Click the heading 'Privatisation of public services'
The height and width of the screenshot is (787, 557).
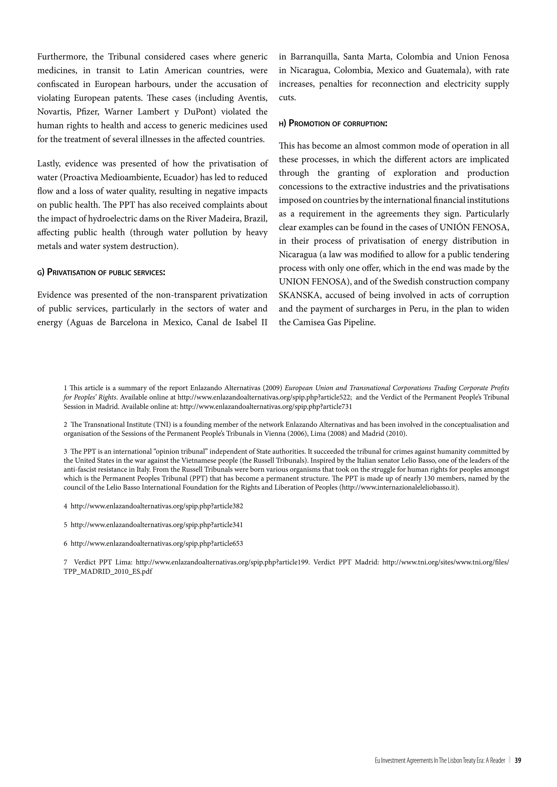[x=101, y=273]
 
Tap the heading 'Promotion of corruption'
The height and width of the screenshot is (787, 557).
[x=333, y=123]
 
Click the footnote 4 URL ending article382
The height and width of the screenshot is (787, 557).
[x=157, y=506]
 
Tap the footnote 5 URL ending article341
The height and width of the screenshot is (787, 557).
[x=157, y=525]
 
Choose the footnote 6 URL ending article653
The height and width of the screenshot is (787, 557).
[x=157, y=543]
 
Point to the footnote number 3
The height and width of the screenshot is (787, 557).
[x=66, y=451]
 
